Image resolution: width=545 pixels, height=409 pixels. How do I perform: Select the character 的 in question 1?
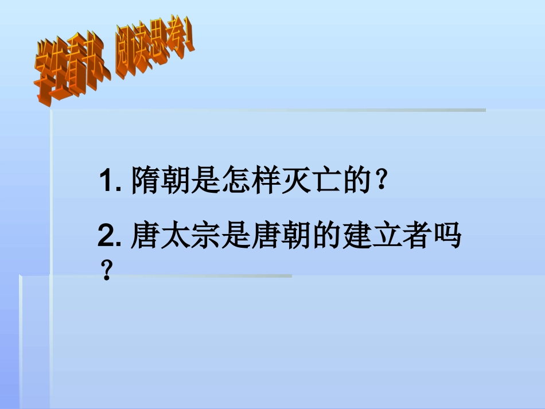click(355, 181)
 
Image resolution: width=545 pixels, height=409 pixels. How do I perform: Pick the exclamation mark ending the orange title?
click(189, 44)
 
